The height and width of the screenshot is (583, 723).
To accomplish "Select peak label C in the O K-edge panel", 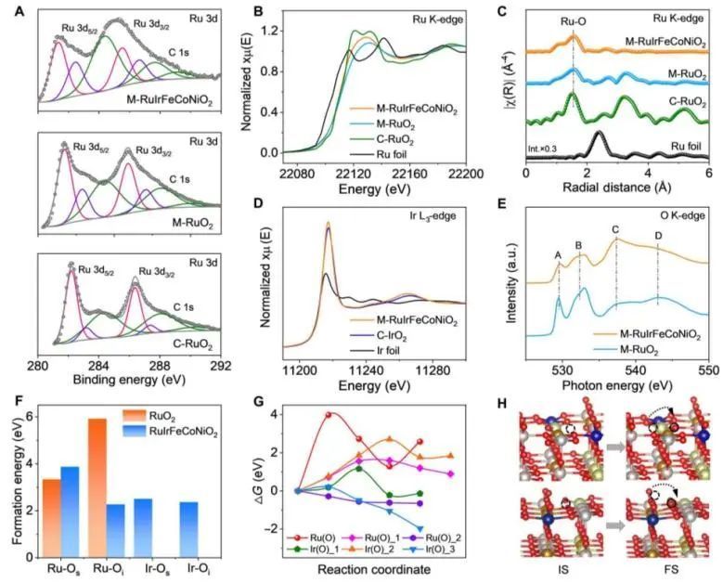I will coord(615,228).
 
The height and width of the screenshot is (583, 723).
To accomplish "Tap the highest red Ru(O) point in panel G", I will coord(329,414).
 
